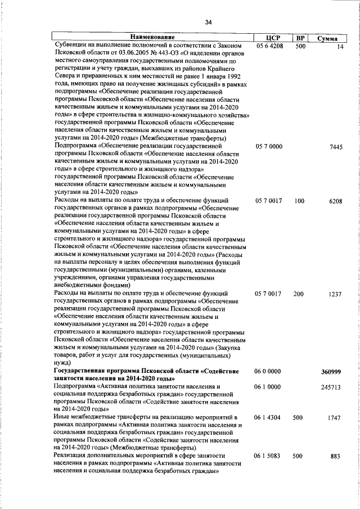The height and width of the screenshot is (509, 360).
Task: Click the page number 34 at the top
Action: click(208, 22)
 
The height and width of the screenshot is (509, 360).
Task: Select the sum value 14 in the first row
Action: click(339, 46)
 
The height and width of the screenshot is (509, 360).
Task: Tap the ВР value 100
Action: click(299, 201)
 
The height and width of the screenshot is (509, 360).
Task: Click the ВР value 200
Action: click(299, 294)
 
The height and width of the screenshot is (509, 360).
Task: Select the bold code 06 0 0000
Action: click(268, 372)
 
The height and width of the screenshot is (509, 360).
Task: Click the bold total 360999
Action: click(332, 372)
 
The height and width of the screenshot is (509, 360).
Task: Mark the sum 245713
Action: click(332, 388)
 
